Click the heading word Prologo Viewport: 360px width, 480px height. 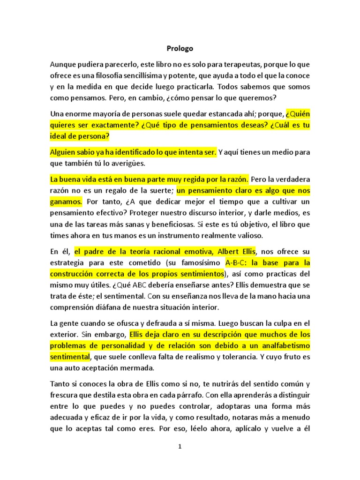[180, 48]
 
